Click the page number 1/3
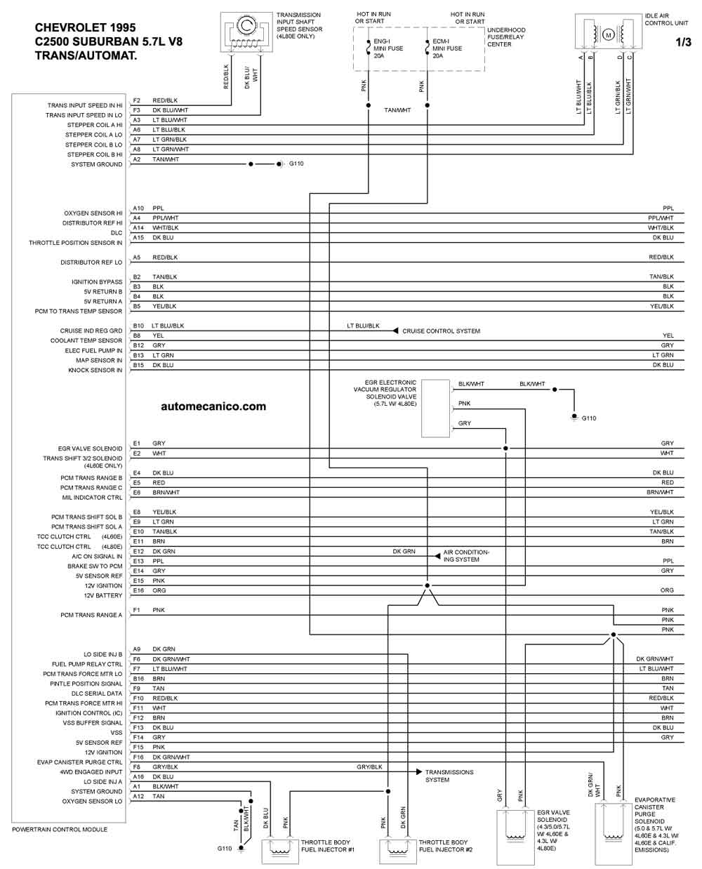point(683,42)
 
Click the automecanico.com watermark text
point(213,406)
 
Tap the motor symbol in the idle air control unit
point(608,35)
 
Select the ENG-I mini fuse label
point(388,48)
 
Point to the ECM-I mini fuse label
point(447,48)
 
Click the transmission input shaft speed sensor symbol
point(246,32)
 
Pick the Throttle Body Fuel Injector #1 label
point(328,846)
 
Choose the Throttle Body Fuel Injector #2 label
point(446,846)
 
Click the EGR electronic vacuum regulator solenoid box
point(435,409)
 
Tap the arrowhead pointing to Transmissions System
point(419,771)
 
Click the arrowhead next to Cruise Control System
point(395,331)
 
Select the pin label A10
point(138,208)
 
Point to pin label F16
point(138,757)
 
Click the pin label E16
point(138,590)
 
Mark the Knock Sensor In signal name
point(95,370)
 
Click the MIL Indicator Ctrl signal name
point(92,498)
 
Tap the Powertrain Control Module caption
point(60,830)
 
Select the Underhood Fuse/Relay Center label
point(506,37)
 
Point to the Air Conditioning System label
point(466,556)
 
